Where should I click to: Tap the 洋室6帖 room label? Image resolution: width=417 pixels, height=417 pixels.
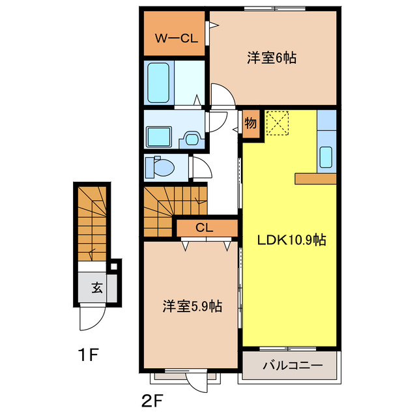tap(272, 57)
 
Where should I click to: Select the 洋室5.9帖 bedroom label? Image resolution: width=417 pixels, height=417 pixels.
tap(192, 306)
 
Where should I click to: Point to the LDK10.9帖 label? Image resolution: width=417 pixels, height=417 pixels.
tap(290, 240)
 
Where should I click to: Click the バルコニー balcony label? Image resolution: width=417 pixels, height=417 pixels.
tap(292, 366)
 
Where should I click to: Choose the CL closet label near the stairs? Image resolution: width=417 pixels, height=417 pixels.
tap(204, 227)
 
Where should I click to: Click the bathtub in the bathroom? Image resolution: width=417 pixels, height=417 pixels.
tap(158, 82)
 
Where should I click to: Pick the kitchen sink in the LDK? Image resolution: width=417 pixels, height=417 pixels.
tap(326, 157)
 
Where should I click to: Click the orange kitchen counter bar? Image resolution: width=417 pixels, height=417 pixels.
tap(315, 179)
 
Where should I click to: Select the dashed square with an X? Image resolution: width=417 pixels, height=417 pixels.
tap(278, 122)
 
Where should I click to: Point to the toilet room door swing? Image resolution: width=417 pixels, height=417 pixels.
tap(200, 168)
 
